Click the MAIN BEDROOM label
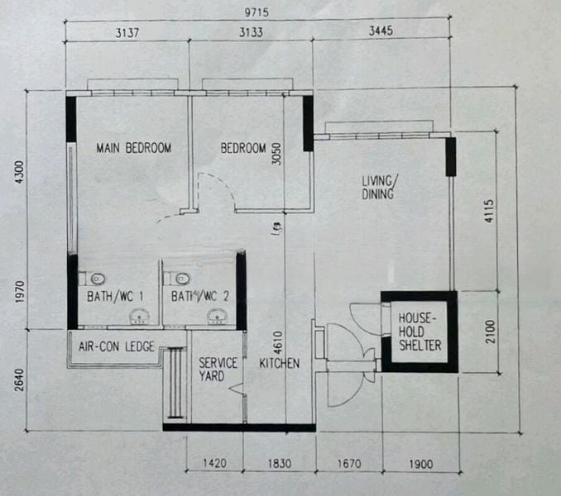click(133, 149)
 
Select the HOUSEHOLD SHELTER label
click(420, 331)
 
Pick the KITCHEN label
click(280, 364)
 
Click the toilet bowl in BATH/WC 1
click(97, 277)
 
